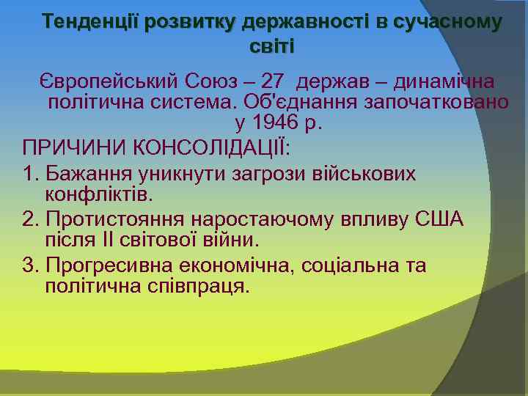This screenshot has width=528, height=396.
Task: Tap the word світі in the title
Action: click(x=271, y=46)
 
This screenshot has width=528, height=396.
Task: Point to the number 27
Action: click(x=274, y=81)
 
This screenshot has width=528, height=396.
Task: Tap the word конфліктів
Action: click(x=100, y=195)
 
